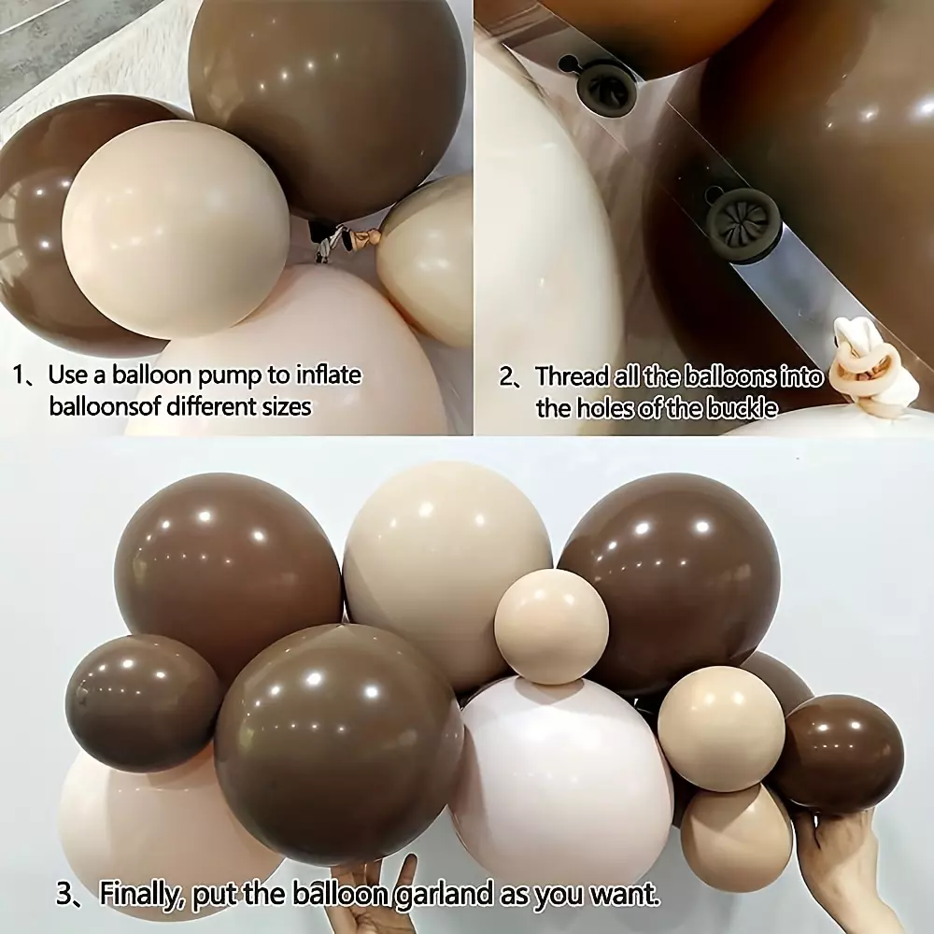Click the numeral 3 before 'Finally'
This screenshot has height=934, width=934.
[x=64, y=895]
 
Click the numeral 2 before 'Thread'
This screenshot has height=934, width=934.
[x=505, y=377]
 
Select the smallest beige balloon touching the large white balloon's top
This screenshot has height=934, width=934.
[x=551, y=626]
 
